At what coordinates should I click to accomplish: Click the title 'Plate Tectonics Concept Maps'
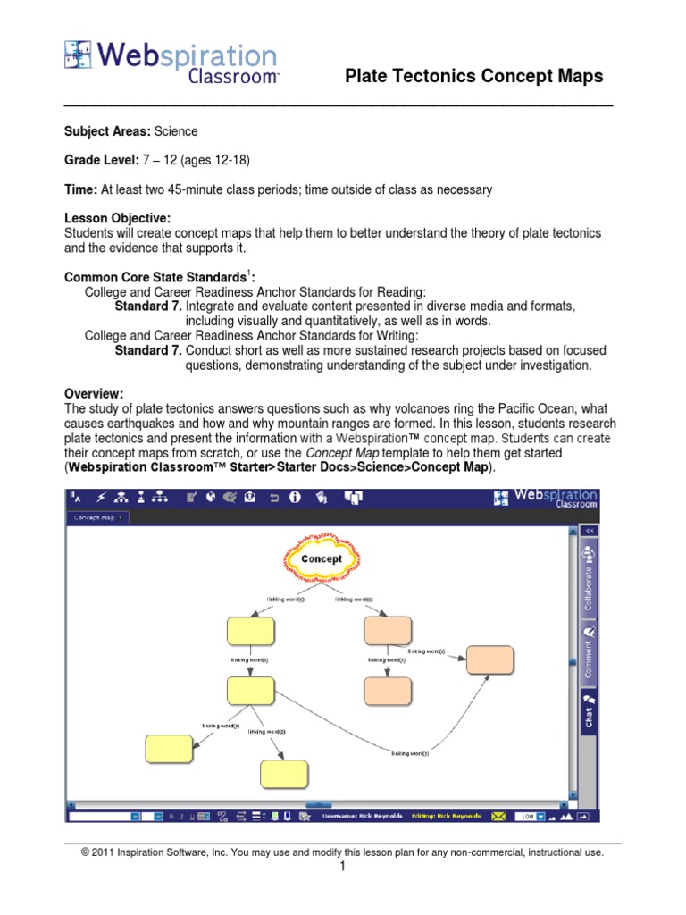[473, 77]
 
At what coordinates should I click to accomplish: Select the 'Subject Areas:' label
[107, 131]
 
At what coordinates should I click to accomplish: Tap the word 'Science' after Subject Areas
[176, 131]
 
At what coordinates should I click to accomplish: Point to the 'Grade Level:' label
[101, 161]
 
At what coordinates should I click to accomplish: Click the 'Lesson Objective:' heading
[117, 219]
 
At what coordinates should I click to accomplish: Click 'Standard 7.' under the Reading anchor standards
[148, 306]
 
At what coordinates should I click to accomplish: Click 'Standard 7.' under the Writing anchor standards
[148, 350]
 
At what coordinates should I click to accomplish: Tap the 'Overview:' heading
[94, 394]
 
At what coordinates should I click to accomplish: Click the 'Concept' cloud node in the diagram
[322, 559]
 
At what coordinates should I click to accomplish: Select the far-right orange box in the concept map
[490, 659]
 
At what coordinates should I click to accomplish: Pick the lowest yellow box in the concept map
[284, 773]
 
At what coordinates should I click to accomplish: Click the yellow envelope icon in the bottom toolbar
[498, 816]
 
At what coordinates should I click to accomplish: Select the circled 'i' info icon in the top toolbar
[294, 498]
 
